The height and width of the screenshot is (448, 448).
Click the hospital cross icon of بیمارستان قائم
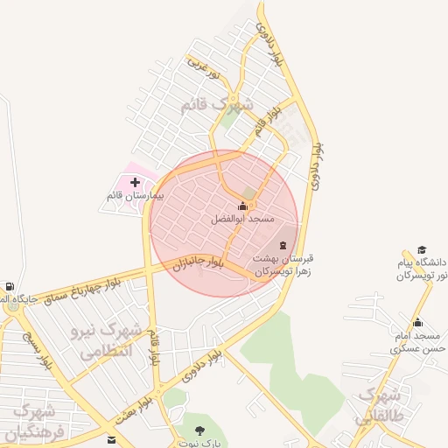pyautogui.click(x=135, y=183)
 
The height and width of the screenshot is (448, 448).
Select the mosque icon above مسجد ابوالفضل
pyautogui.click(x=242, y=206)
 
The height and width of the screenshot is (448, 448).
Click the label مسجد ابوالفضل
pyautogui.click(x=242, y=219)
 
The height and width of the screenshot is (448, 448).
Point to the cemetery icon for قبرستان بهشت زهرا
pyautogui.click(x=283, y=246)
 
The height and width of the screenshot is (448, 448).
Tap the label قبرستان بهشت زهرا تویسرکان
pyautogui.click(x=283, y=265)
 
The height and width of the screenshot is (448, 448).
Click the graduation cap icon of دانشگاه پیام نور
pyautogui.click(x=422, y=250)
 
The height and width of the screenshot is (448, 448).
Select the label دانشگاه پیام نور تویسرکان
pyautogui.click(x=422, y=269)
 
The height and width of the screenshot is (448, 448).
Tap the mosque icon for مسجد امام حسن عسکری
pyautogui.click(x=417, y=323)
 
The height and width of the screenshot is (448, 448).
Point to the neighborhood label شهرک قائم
pyautogui.click(x=216, y=105)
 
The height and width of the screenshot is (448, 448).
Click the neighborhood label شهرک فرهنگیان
pyautogui.click(x=31, y=423)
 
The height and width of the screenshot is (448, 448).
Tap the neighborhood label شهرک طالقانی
pyautogui.click(x=382, y=405)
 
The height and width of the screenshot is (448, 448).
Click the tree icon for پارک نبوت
pyautogui.click(x=199, y=430)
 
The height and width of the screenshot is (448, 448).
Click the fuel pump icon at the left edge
pyautogui.click(x=9, y=286)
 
